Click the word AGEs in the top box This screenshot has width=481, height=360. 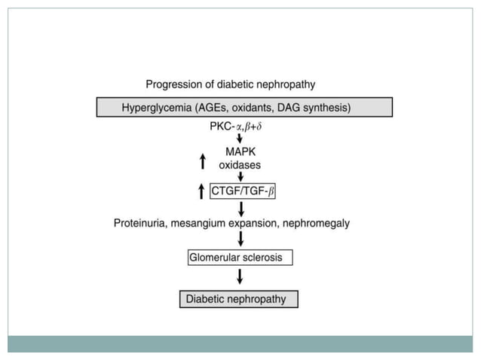pos(223,108)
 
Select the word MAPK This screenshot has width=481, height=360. pos(240,151)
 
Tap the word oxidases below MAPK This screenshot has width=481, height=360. pos(240,163)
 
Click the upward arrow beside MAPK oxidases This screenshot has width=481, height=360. pos(201,160)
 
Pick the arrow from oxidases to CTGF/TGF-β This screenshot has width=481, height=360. pos(240,176)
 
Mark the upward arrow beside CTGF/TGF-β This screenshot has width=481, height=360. pos(201,192)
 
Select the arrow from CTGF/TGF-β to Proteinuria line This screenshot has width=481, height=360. pos(240,209)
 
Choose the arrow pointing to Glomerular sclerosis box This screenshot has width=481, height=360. pos(240,239)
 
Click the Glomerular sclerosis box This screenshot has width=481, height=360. pos(240,258)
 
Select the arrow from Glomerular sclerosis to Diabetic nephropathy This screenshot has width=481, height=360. pos(240,276)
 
